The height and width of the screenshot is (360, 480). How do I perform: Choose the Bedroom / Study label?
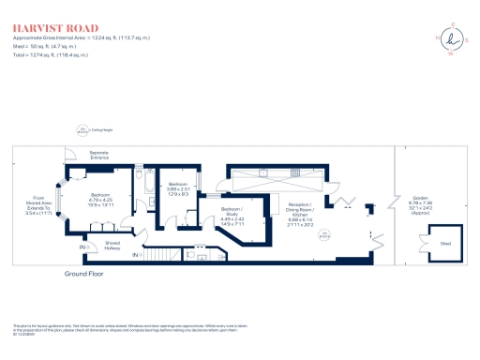point(232,216)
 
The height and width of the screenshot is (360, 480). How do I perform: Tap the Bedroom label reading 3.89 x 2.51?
point(177,189)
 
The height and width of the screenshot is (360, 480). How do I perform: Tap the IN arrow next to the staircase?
point(136,255)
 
